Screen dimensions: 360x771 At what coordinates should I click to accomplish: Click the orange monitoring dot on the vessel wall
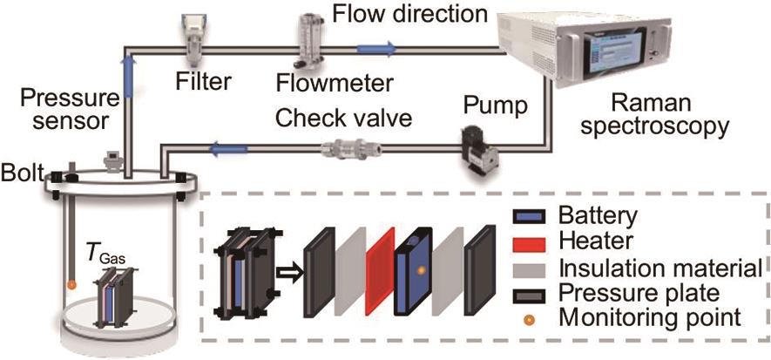pos(72,284)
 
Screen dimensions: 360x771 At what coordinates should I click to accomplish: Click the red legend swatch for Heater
pos(523,240)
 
